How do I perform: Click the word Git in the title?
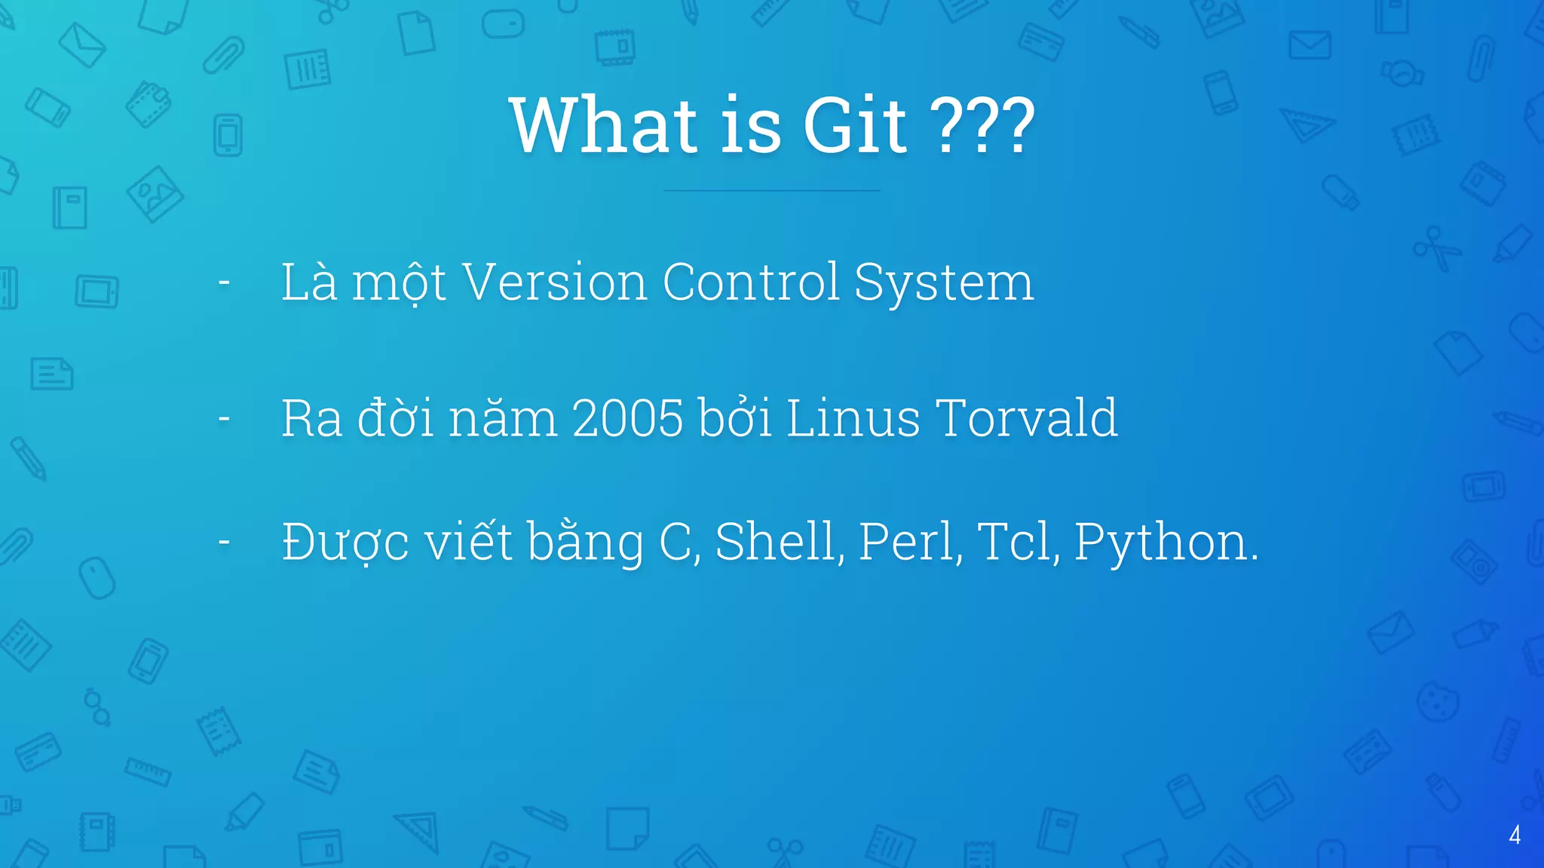tap(855, 126)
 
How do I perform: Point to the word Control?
tap(750, 283)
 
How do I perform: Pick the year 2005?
tap(628, 419)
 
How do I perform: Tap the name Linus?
tap(853, 419)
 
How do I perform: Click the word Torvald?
tap(1027, 419)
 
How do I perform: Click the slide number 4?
tap(1515, 835)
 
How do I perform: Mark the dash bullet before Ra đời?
tap(224, 419)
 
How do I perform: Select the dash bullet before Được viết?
tap(224, 542)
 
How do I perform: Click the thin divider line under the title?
tap(771, 191)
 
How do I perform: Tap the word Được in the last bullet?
tap(345, 542)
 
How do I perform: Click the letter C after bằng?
tap(675, 542)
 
